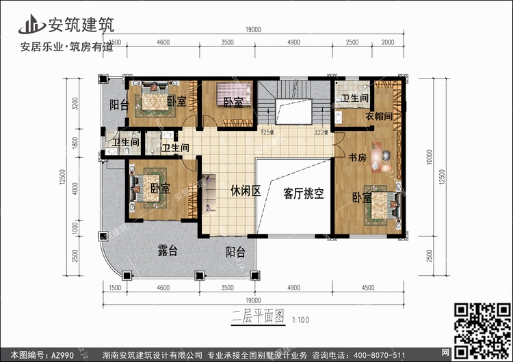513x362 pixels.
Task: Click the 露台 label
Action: click(x=167, y=251)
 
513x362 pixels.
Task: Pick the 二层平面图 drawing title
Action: click(x=251, y=318)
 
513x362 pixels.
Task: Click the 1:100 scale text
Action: click(x=300, y=319)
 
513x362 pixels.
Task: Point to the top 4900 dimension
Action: click(x=293, y=42)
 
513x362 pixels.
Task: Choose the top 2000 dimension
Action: click(x=388, y=42)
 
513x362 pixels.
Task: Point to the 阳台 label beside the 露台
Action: click(x=236, y=252)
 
